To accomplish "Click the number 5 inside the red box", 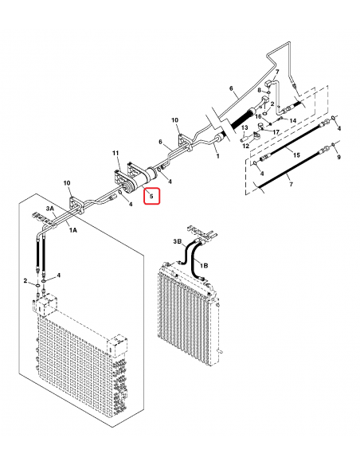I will click(151, 194).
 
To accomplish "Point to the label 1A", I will click(72, 230).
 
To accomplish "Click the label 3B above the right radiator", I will click(178, 240).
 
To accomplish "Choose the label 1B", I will click(204, 264).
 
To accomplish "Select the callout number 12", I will click(245, 146).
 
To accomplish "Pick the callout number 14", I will click(292, 120).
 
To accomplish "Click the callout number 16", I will click(258, 115).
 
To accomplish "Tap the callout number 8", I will click(258, 92).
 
